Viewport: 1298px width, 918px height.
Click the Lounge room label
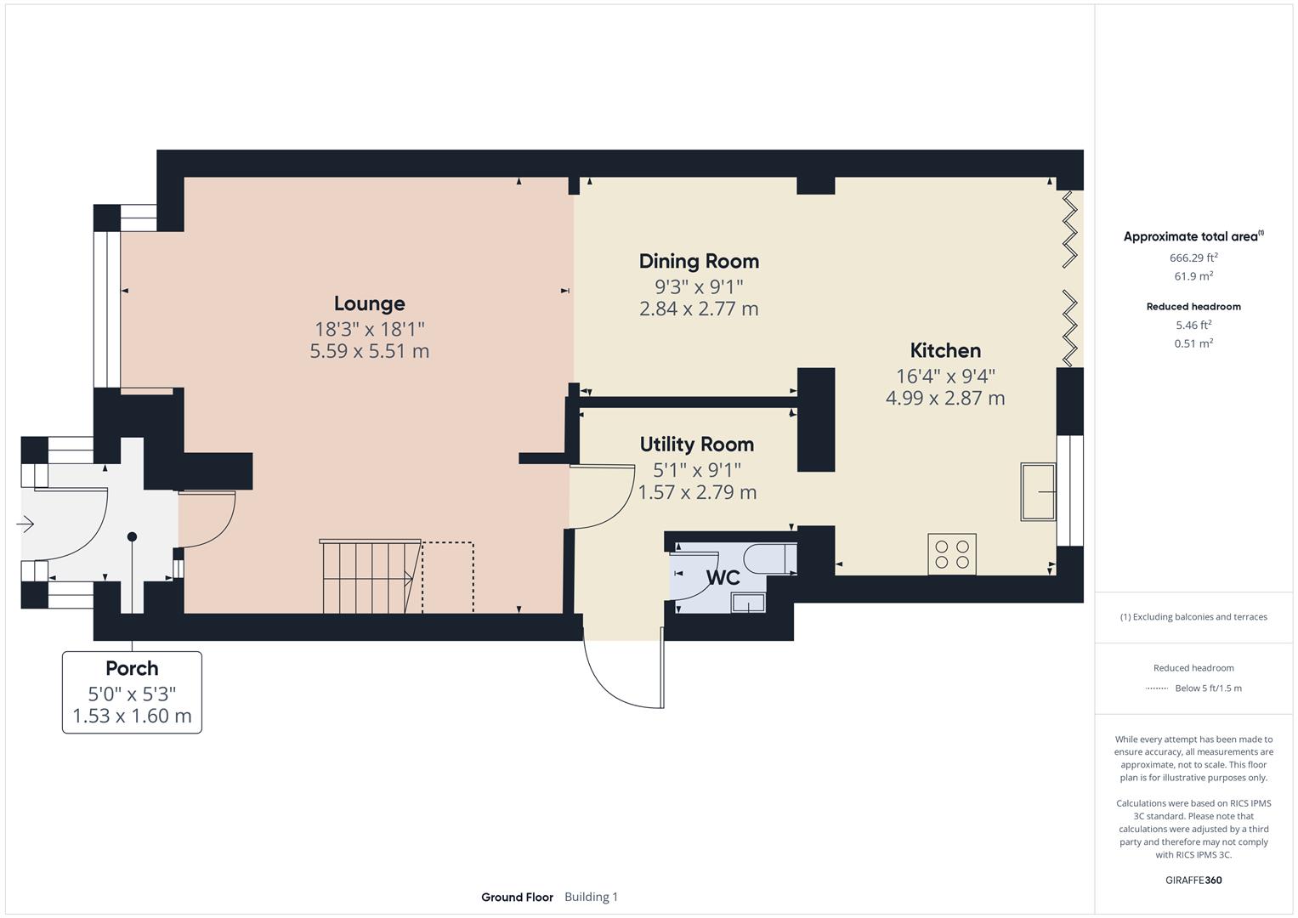click(x=369, y=303)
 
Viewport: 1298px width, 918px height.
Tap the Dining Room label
click(x=699, y=261)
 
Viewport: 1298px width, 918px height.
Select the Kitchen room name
click(x=945, y=350)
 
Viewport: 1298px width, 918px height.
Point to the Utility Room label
click(x=696, y=444)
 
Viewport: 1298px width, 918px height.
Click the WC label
click(x=723, y=578)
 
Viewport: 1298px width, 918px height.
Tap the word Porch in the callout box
click(x=132, y=668)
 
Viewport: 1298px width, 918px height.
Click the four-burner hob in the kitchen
click(x=952, y=553)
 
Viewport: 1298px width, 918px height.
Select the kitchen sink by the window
click(x=1038, y=491)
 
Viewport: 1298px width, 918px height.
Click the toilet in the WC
click(x=768, y=559)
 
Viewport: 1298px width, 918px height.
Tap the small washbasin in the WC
click(x=748, y=603)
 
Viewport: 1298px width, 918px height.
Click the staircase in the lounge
click(x=370, y=576)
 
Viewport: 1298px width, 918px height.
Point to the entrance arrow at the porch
click(x=25, y=524)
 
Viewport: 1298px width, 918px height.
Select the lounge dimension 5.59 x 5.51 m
click(x=369, y=351)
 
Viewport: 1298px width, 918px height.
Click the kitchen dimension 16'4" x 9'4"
click(x=945, y=376)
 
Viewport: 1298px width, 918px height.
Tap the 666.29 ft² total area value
click(x=1193, y=258)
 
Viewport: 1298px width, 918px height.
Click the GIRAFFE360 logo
click(x=1193, y=880)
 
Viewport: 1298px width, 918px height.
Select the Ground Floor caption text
click(x=517, y=897)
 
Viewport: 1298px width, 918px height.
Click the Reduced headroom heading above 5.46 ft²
click(x=1193, y=307)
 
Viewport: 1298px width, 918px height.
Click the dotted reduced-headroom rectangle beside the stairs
click(x=448, y=576)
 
